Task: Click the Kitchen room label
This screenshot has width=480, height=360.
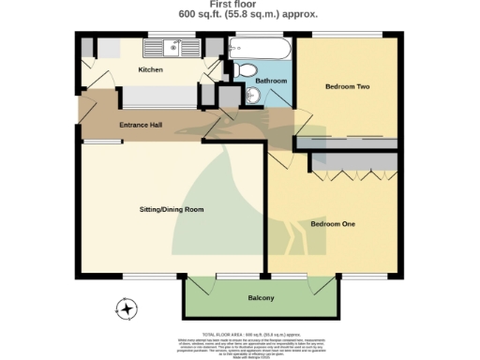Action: pos(151,70)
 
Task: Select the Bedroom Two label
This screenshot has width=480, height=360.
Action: pos(347,87)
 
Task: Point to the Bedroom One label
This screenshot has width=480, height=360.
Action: pos(333,224)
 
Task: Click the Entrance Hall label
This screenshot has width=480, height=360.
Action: pos(142,124)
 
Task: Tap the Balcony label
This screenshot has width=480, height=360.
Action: pos(261,298)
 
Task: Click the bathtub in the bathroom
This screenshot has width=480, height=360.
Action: pos(260,46)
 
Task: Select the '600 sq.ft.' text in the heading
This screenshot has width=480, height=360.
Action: pos(202,15)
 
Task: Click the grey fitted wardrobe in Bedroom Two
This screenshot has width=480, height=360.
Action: pos(349,143)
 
